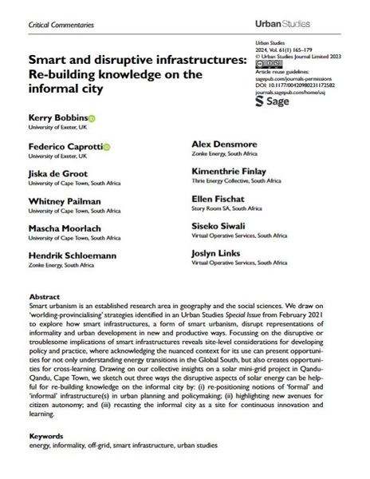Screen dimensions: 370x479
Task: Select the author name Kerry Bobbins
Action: [x=56, y=117]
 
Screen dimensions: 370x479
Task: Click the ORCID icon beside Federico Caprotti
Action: [x=107, y=147]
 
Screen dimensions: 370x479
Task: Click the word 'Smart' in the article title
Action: [x=46, y=59]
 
